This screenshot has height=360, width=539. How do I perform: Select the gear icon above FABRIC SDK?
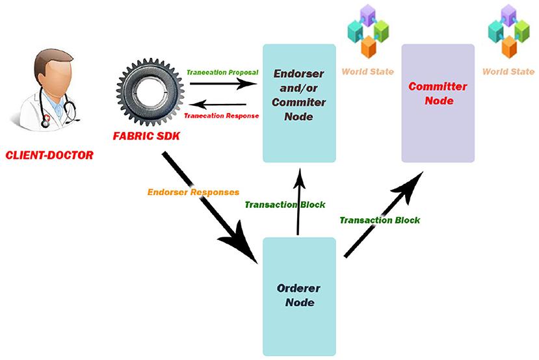(149, 92)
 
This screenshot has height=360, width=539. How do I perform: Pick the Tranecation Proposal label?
(222, 72)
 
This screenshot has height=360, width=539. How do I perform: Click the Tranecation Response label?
(222, 116)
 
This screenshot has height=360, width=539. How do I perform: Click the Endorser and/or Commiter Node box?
(299, 103)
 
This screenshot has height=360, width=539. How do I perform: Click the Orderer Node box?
(299, 296)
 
